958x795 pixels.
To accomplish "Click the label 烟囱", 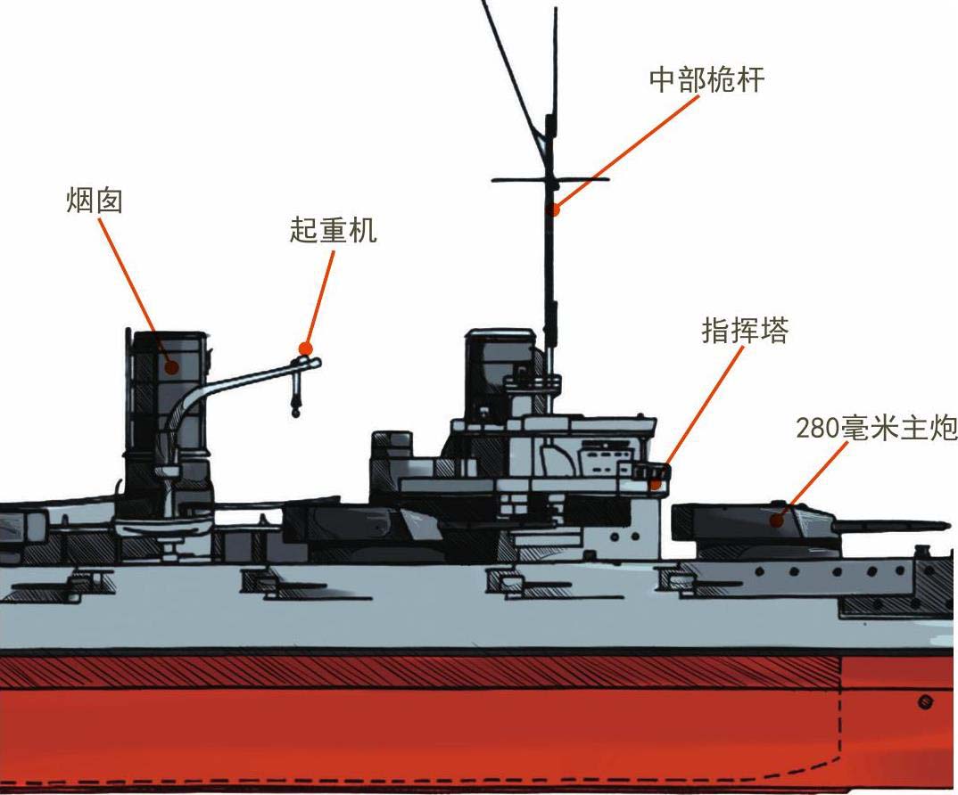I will pos(94,201).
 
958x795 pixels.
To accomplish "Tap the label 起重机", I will pos(333,230).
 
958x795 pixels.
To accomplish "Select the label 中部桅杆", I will pos(706,79).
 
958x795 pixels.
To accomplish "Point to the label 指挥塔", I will pos(745,332).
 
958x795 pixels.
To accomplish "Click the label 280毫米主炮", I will pos(875,428).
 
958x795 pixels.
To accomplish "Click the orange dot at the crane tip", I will pos(306,348).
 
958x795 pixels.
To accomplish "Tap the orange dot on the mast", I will pos(555,210).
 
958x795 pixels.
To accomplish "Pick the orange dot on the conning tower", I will pos(657,484).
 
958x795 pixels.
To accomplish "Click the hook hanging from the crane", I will pos(294,410).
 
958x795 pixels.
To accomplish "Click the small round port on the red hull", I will pos(924,701).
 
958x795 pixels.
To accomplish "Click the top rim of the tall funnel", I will pos(165,333).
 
